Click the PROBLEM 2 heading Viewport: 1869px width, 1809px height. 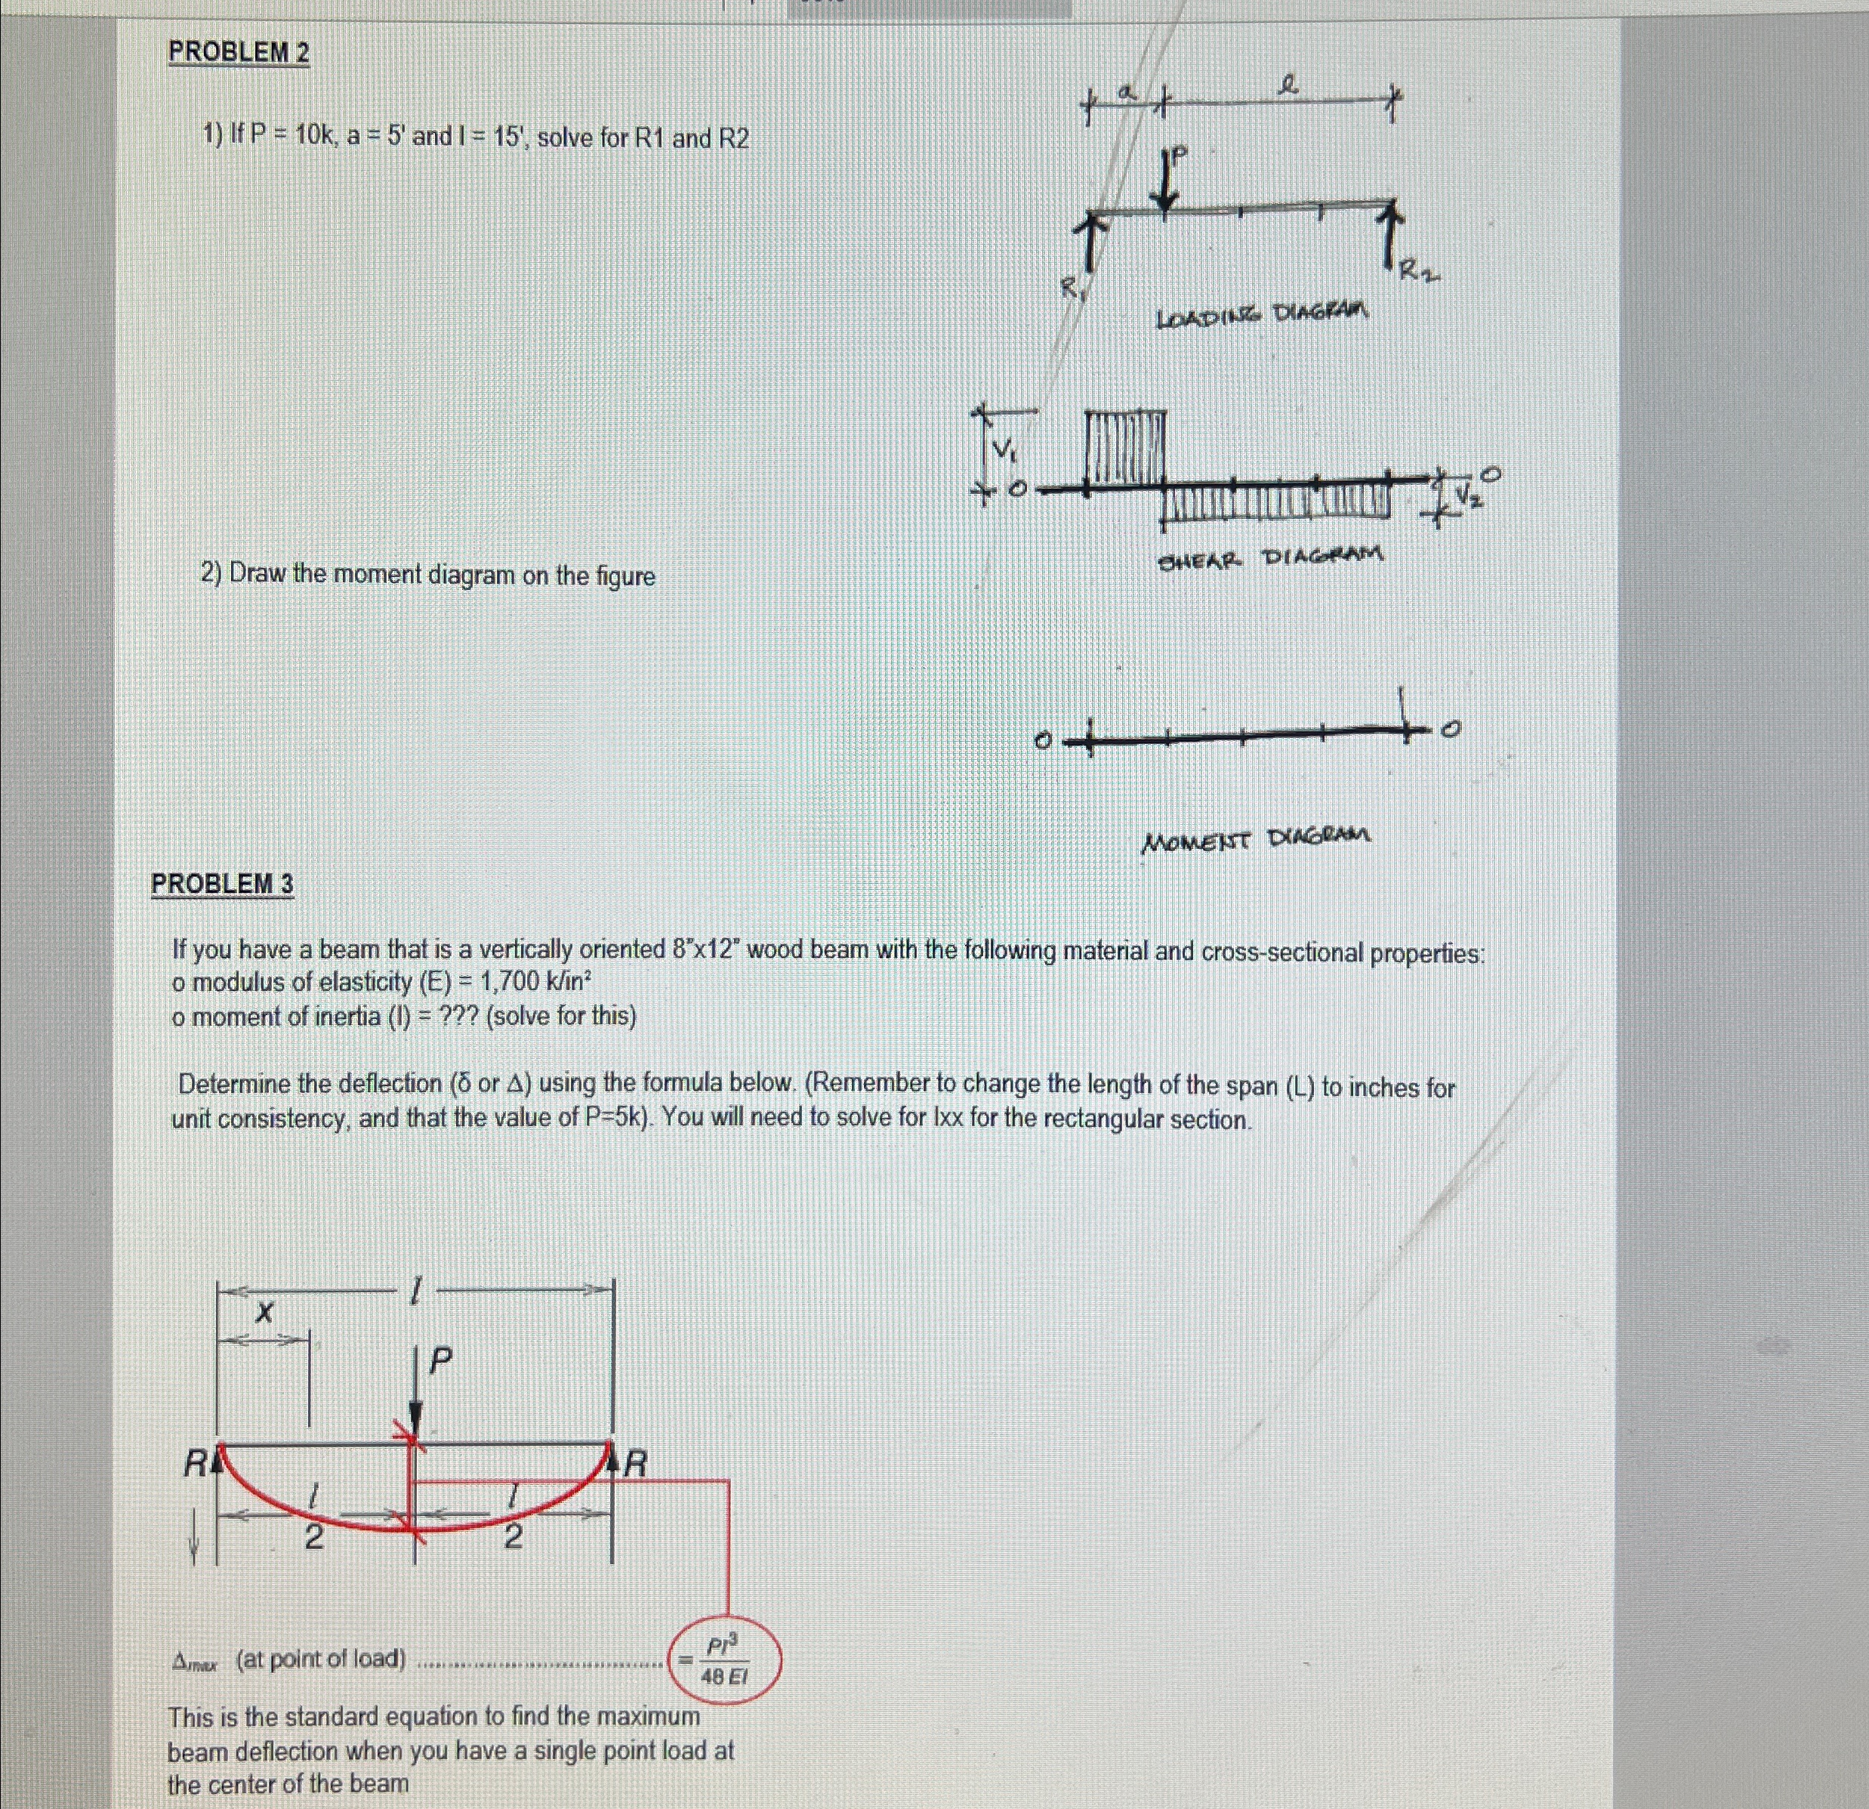[239, 52]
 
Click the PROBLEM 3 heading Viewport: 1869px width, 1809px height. [222, 884]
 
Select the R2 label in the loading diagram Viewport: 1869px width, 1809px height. [1418, 273]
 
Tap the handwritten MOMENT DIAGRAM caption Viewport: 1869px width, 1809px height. [1256, 839]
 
